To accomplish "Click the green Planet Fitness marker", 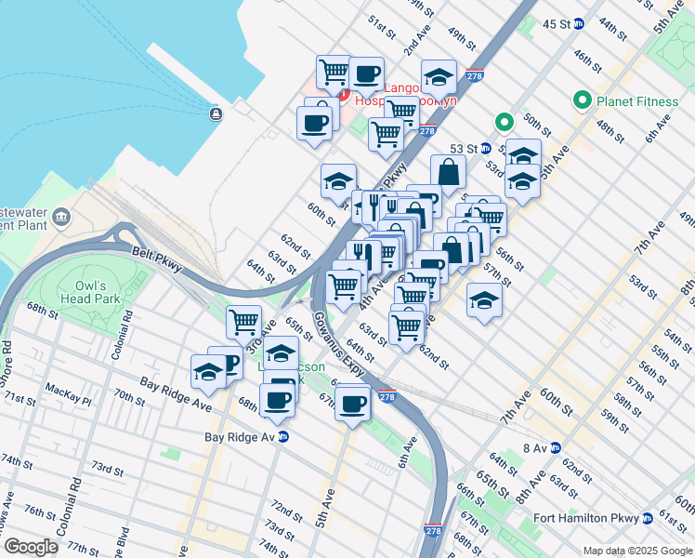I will (584, 100).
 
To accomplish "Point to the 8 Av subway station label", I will (534, 448).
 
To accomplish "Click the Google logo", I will (31, 547).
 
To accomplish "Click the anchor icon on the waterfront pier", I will (216, 113).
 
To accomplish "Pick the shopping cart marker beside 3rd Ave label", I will (243, 322).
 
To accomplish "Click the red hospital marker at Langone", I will (342, 96).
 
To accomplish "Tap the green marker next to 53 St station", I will (504, 122).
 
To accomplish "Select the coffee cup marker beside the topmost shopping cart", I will (366, 72).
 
